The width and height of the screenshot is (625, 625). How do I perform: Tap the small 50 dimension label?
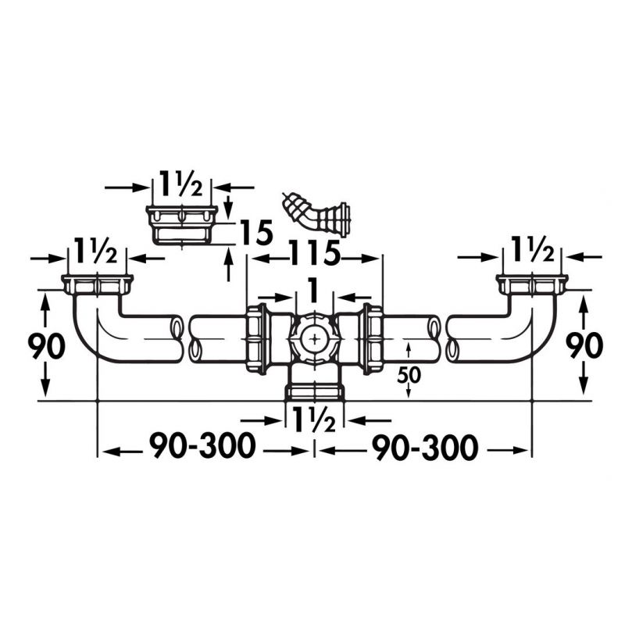(409, 374)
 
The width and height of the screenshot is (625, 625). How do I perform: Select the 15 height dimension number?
(255, 234)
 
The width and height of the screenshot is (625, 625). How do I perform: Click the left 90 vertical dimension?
(46, 345)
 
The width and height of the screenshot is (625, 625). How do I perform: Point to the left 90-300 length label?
(202, 448)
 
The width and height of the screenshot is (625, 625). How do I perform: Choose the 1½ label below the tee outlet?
(314, 420)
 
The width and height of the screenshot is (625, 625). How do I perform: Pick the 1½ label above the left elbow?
(96, 255)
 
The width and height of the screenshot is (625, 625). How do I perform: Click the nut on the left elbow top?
(98, 283)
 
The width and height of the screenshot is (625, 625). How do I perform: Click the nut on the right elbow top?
(531, 283)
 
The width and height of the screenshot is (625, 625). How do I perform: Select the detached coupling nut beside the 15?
(181, 224)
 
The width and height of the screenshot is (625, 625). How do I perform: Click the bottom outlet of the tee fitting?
(314, 389)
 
